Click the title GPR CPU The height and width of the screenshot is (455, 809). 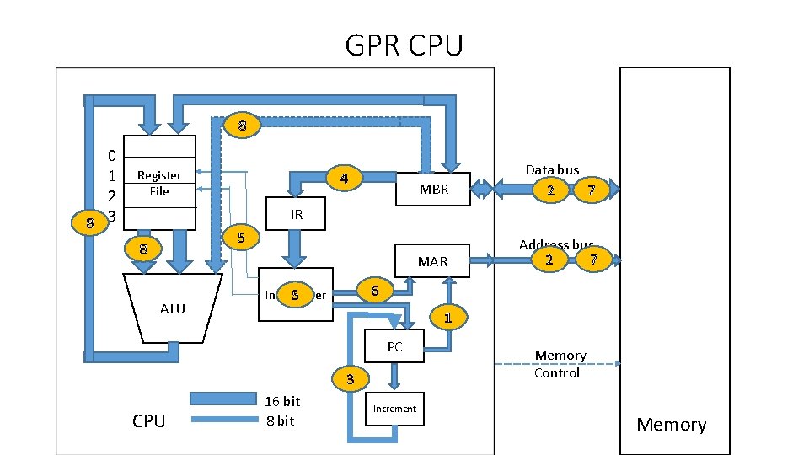(x=404, y=45)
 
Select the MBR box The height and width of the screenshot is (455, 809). (x=433, y=190)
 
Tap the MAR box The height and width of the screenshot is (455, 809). (x=433, y=261)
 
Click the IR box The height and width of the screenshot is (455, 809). (x=296, y=215)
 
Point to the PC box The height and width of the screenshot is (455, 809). (x=394, y=346)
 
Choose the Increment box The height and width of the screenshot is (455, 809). (x=394, y=409)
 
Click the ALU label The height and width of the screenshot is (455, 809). (x=172, y=309)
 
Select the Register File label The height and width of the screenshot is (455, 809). (x=159, y=183)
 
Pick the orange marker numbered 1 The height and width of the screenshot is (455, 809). (x=447, y=317)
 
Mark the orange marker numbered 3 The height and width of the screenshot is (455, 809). (x=351, y=377)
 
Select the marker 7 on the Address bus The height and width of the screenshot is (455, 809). (x=594, y=260)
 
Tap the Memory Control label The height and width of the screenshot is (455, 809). (x=560, y=364)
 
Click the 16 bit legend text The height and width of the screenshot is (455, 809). (x=282, y=401)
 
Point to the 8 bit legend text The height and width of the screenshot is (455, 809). (x=280, y=420)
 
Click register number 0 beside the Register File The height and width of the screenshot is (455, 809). (x=112, y=156)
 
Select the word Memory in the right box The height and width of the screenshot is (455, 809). (x=671, y=425)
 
